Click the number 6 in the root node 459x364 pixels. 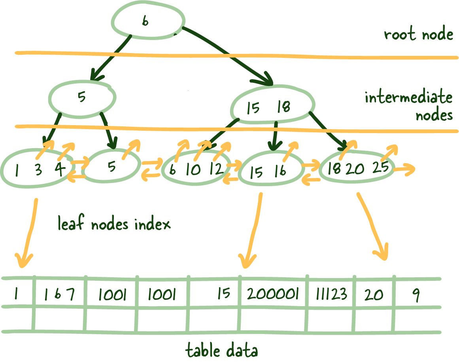click(x=145, y=21)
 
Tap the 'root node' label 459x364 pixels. click(x=418, y=34)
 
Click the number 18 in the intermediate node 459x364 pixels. click(x=283, y=107)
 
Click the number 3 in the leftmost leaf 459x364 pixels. click(x=38, y=170)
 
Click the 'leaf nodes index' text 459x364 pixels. click(x=114, y=225)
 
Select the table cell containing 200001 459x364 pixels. click(x=273, y=294)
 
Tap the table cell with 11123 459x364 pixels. click(x=331, y=294)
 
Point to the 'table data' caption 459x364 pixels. click(x=222, y=351)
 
